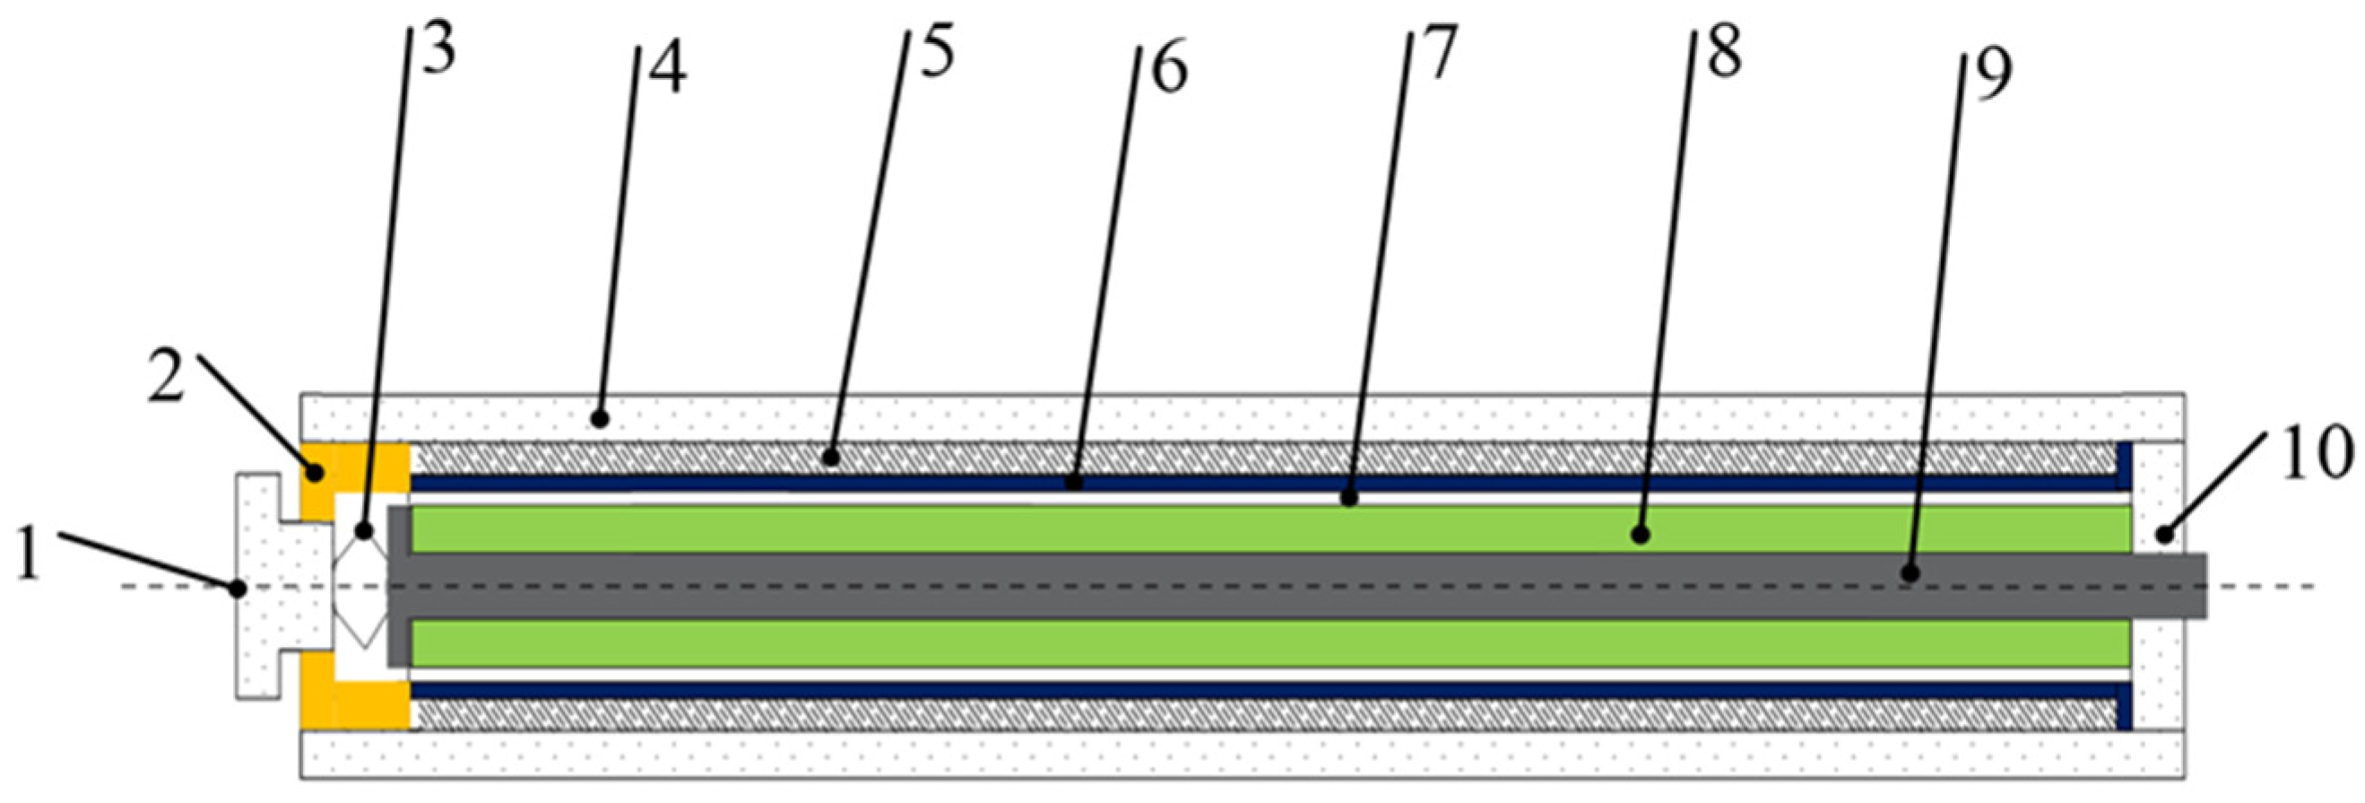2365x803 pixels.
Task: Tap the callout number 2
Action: click(166, 378)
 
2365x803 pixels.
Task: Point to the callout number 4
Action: click(669, 72)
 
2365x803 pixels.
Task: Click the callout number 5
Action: click(937, 53)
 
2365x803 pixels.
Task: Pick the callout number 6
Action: click(1169, 70)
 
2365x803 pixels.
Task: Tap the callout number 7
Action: click(1439, 53)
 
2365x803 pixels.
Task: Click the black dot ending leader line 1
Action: click(238, 588)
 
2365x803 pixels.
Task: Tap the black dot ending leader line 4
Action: click(600, 420)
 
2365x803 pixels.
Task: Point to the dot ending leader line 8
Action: click(1640, 534)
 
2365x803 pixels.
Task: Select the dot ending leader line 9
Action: click(1910, 573)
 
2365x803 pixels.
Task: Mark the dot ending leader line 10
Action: click(2165, 533)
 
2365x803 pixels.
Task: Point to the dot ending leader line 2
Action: click(315, 474)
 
